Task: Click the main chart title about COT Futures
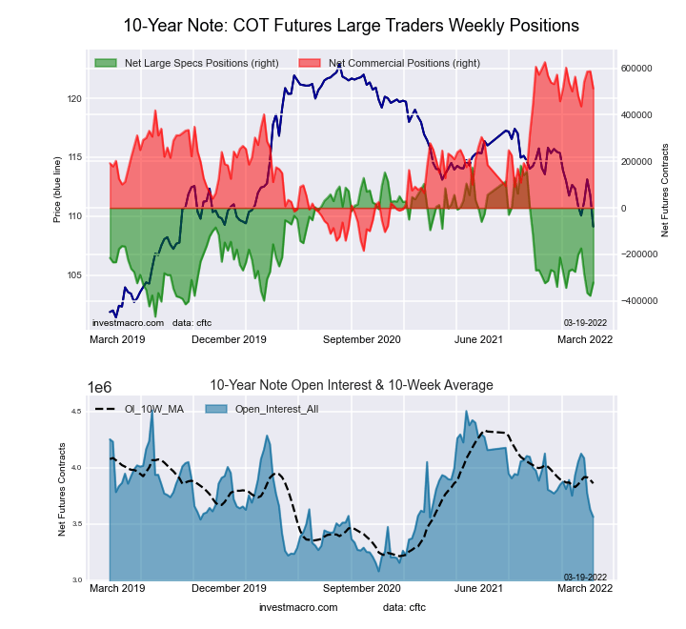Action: pyautogui.click(x=352, y=23)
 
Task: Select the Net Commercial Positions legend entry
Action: pyautogui.click(x=404, y=63)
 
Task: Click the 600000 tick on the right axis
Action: pyautogui.click(x=636, y=69)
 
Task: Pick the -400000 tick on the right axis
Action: pyautogui.click(x=636, y=301)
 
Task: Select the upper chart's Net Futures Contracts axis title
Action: pyautogui.click(x=664, y=191)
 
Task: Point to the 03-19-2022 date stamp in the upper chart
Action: pyautogui.click(x=584, y=322)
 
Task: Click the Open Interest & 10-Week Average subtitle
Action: pyautogui.click(x=352, y=385)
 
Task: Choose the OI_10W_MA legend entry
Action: pyautogui.click(x=144, y=410)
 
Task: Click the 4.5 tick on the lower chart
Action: pyautogui.click(x=79, y=412)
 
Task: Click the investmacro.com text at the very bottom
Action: pyautogui.click(x=298, y=607)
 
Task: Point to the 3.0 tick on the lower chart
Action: pyautogui.click(x=79, y=580)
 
